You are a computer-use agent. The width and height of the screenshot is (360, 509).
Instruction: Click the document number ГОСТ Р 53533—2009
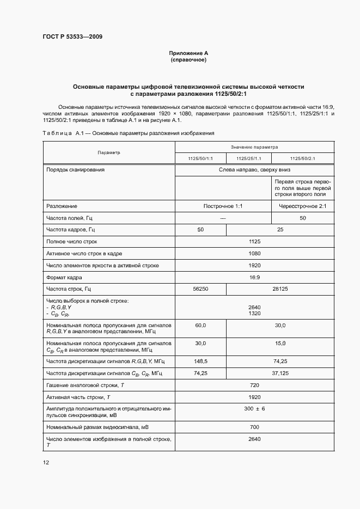click(72, 36)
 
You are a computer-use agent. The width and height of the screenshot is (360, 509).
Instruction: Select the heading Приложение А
click(188, 53)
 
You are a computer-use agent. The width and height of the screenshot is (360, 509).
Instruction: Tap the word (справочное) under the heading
click(188, 60)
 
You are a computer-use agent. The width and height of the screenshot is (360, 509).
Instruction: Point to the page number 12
click(46, 462)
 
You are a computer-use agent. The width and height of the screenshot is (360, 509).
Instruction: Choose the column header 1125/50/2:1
click(303, 158)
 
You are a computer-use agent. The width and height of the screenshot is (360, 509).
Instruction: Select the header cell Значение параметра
click(254, 147)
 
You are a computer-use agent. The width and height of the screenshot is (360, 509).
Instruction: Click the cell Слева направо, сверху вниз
click(254, 170)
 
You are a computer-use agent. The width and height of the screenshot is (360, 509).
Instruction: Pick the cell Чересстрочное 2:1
click(303, 206)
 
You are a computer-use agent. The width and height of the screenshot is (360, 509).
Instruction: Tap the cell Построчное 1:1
click(223, 206)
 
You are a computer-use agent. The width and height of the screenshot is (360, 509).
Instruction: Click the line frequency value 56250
click(200, 289)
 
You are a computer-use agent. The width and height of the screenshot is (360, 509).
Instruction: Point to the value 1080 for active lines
click(254, 253)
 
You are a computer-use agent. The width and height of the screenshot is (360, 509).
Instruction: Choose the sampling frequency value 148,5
click(200, 361)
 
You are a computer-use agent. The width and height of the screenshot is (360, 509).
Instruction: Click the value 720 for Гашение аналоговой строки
click(254, 385)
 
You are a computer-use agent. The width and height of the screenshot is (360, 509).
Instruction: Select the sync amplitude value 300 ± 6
click(254, 409)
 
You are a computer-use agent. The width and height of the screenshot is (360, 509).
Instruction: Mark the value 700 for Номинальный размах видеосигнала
click(254, 427)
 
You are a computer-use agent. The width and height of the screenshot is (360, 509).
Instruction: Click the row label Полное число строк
click(72, 241)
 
